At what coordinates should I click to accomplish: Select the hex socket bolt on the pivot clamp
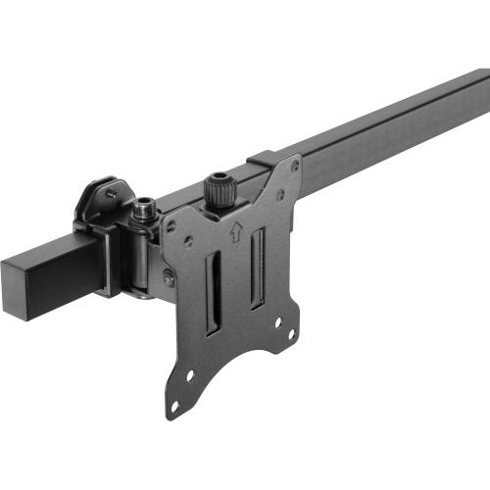click(146, 208)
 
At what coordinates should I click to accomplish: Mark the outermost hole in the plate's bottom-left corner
click(175, 404)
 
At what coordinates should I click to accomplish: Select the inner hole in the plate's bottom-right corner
click(277, 321)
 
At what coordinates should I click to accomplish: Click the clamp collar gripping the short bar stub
click(111, 260)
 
